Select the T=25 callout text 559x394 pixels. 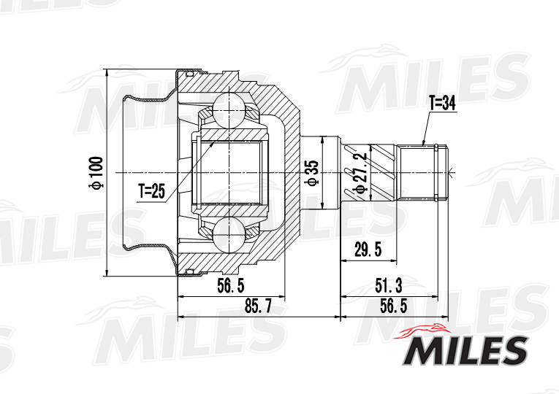click(x=152, y=192)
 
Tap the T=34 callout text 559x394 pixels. click(x=441, y=104)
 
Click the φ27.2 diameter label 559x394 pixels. click(x=360, y=174)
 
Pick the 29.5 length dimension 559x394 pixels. click(x=368, y=251)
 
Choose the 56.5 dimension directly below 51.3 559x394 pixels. click(x=394, y=307)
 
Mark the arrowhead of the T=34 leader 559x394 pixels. click(x=423, y=142)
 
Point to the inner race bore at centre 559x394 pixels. click(x=228, y=172)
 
